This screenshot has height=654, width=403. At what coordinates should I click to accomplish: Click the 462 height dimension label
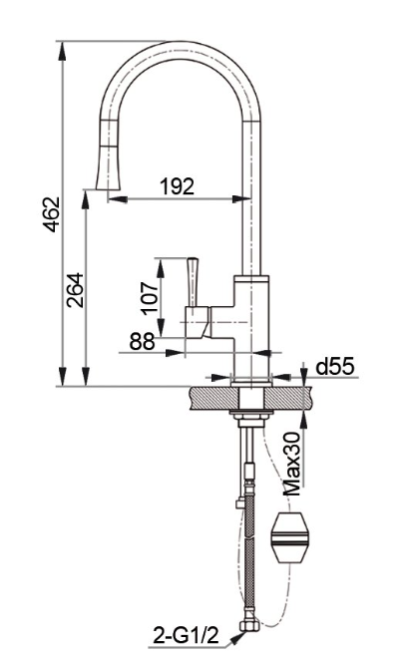pos(51,214)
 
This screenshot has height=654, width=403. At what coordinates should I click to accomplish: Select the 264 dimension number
pos(75,290)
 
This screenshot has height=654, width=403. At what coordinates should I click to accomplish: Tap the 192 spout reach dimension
pos(178,186)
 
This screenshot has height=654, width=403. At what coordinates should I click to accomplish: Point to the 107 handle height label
pos(149,299)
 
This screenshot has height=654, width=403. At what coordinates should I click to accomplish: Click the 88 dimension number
pos(142,341)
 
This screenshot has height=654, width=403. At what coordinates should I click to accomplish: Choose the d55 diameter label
pos(335,367)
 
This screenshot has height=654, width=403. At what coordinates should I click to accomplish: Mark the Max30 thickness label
pos(291,464)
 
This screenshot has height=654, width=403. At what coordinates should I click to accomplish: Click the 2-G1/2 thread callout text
pos(187,636)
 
